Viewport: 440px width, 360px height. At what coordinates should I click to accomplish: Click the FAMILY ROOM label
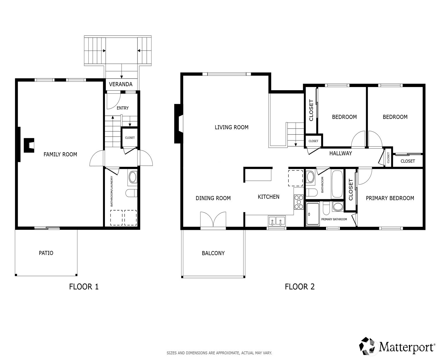[x=60, y=154]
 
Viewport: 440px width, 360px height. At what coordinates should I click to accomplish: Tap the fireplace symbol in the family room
[x=29, y=145]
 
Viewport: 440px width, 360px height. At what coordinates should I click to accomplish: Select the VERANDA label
[x=120, y=84]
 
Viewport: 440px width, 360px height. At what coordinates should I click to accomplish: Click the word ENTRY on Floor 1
[x=123, y=108]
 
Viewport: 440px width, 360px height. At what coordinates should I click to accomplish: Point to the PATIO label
[x=46, y=253]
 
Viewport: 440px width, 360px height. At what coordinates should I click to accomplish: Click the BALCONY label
[x=213, y=253]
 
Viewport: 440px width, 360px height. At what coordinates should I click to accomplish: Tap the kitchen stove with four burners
[x=299, y=202]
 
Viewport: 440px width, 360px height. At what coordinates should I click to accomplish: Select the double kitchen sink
[x=277, y=221]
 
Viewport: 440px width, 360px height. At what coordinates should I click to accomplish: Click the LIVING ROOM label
[x=232, y=127]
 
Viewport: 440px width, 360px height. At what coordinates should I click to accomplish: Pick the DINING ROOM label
[x=213, y=198]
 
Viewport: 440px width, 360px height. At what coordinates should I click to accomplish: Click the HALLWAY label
[x=340, y=153]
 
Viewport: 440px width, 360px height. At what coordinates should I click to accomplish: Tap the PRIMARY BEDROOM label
[x=390, y=198]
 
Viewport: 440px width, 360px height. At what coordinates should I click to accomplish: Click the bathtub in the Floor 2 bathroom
[x=337, y=184]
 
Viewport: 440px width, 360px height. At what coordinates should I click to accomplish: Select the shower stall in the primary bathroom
[x=313, y=213]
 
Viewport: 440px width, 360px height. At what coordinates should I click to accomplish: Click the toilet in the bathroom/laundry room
[x=131, y=193]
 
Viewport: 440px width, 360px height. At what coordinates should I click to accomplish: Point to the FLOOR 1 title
[x=84, y=287]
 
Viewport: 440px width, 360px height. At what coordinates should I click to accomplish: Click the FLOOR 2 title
[x=300, y=287]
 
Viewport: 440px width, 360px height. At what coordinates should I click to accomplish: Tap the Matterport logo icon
[x=368, y=346]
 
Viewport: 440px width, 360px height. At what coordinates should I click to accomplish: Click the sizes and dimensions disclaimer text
[x=219, y=353]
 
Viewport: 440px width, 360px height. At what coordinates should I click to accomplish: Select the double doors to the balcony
[x=213, y=219]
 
